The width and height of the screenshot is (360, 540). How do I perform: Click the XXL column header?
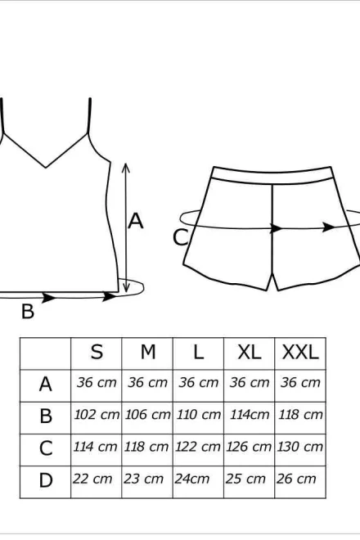300,353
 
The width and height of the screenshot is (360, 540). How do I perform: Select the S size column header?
97,353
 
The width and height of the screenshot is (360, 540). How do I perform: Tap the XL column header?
249,353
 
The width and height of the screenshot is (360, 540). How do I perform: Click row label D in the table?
46,480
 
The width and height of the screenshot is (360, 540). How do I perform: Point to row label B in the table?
46,416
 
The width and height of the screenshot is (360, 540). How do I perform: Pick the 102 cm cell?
97,414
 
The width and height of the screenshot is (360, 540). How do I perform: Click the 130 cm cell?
299,447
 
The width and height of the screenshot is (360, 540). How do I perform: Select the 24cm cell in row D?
191,479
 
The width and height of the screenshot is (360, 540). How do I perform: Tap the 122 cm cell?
198,447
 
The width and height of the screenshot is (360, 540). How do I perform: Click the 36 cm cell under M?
147,382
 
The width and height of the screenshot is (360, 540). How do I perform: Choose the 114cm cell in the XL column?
250,414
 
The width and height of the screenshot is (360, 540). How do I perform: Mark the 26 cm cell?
296,479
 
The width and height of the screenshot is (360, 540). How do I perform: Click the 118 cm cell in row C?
146,447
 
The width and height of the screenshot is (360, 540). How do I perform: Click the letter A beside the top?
135,221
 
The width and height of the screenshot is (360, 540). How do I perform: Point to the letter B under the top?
28,311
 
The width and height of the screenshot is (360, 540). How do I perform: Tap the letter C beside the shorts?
181,237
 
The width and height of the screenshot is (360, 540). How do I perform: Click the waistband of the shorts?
272,175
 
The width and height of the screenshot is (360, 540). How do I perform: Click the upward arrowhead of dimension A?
126,168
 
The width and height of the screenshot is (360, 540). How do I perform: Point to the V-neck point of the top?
46,168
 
